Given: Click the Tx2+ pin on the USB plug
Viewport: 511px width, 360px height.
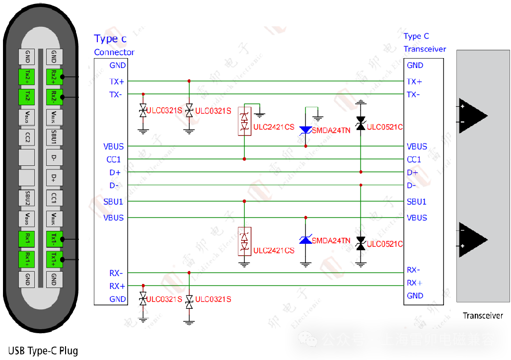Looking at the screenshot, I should (27, 76).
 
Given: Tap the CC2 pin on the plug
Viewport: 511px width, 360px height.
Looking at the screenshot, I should (27, 137).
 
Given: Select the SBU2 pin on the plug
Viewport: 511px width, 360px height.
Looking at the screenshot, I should (27, 198).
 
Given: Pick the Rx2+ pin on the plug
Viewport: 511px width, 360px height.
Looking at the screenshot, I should (54, 76).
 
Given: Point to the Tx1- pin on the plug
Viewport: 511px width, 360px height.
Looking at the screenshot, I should (54, 239).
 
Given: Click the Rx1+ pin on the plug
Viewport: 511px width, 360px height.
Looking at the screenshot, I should (27, 259).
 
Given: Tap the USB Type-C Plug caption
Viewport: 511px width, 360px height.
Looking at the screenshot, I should (43, 351).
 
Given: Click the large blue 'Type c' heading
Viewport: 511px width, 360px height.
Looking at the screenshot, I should (110, 39).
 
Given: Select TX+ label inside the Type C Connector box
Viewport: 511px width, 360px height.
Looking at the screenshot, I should (117, 81).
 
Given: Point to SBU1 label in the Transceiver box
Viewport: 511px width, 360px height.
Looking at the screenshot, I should (417, 202).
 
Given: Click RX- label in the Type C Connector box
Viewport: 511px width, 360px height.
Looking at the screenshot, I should (117, 273).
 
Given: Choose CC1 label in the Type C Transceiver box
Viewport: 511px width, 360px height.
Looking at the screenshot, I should (414, 159).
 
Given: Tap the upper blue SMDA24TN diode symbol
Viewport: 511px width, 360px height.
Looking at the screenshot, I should (305, 130).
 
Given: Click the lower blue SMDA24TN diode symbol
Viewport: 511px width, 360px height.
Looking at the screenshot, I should (305, 240).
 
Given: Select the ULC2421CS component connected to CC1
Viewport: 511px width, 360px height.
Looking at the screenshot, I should (244, 121).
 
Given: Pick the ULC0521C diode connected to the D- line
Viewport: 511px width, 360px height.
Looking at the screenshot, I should (361, 243).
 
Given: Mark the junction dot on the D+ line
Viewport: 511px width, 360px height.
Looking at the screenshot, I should (361, 172).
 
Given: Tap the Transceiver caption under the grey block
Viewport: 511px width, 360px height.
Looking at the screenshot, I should (483, 315).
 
